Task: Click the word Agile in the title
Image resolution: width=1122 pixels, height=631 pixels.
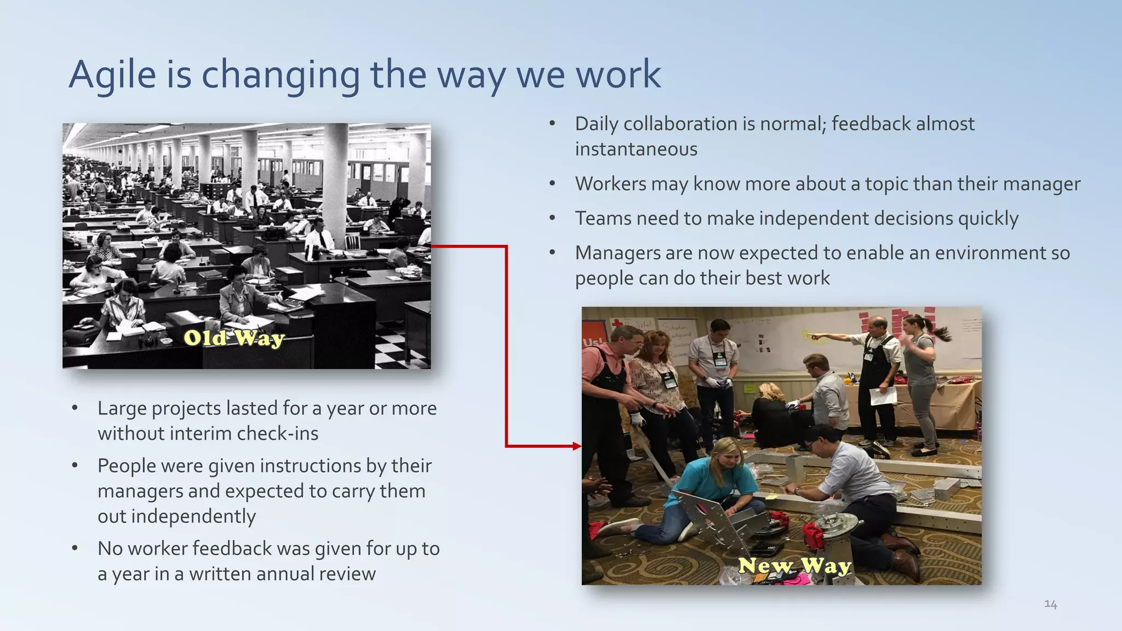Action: (x=112, y=74)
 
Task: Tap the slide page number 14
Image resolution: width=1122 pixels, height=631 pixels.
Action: (x=1050, y=604)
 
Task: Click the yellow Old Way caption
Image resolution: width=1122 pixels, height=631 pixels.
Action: (x=234, y=338)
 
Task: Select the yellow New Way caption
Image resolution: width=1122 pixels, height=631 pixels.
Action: (x=794, y=565)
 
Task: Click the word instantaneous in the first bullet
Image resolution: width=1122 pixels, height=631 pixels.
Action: (x=636, y=149)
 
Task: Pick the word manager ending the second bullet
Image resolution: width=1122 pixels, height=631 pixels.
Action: (x=1041, y=184)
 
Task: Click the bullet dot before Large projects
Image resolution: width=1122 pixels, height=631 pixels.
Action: (x=75, y=409)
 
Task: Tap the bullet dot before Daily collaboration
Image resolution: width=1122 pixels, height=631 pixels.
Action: (x=552, y=124)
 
